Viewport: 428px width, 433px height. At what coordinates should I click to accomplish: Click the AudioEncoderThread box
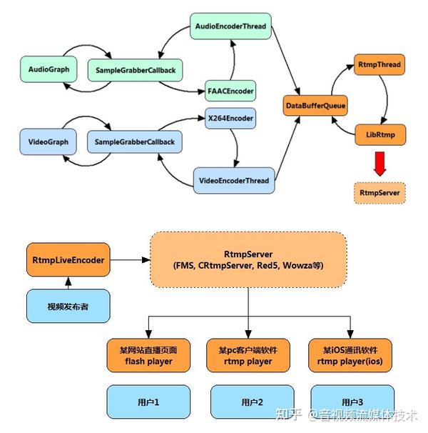click(230, 26)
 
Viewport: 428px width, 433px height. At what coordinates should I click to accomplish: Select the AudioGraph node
click(49, 69)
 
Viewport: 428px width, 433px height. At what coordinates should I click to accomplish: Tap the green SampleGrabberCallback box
click(135, 70)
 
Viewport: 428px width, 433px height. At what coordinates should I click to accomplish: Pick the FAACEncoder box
click(230, 91)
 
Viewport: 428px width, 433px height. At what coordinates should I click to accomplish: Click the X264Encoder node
click(230, 118)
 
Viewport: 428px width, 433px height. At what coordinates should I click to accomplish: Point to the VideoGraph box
click(48, 141)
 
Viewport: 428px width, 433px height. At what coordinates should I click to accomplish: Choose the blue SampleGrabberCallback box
click(135, 142)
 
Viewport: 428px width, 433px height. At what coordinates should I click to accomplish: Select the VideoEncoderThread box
click(234, 181)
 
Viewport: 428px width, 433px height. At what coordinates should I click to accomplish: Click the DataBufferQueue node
click(315, 106)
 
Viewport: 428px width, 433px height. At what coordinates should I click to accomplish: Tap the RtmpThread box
click(379, 64)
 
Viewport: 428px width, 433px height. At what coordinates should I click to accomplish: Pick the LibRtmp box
click(380, 135)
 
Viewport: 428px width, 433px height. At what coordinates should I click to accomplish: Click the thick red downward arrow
click(380, 164)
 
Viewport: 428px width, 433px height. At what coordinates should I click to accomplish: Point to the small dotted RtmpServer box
click(379, 193)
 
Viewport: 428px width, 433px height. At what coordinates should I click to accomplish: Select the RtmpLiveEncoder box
click(68, 260)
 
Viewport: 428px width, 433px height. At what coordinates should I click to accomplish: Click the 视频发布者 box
click(68, 306)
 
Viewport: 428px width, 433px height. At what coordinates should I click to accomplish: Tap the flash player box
click(148, 356)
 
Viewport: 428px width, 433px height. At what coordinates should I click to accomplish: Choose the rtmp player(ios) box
click(350, 356)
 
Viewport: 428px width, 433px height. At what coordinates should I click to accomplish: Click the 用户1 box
click(148, 402)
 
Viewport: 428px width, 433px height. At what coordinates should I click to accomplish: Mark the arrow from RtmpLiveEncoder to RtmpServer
click(130, 260)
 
